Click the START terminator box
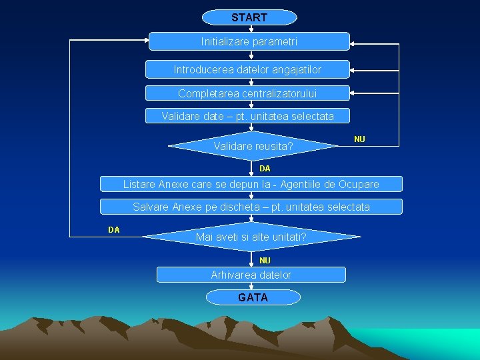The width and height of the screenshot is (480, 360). pos(249,17)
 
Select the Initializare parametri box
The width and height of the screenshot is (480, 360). pos(249,41)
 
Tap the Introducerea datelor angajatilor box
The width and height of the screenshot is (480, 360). pos(247,69)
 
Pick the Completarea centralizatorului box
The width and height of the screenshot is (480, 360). pos(247,93)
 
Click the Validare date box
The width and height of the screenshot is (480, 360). pos(247,117)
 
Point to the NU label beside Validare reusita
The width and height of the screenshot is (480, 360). pos(359,139)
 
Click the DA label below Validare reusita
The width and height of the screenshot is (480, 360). pos(265,169)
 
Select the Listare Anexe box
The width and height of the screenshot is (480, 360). pos(251,184)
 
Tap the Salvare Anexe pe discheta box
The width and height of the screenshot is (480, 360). pos(251,207)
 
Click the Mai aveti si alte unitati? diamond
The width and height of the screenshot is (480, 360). pos(251,237)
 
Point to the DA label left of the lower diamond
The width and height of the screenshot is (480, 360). pos(114,230)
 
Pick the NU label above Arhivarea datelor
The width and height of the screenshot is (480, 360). pos(265,260)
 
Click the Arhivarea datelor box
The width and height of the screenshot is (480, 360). pos(251,275)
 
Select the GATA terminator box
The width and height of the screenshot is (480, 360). pos(253,297)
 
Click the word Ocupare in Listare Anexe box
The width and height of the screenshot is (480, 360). pos(358,184)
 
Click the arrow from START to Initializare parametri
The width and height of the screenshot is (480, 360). pos(249,29)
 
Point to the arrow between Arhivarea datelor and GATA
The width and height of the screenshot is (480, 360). pos(252,286)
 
